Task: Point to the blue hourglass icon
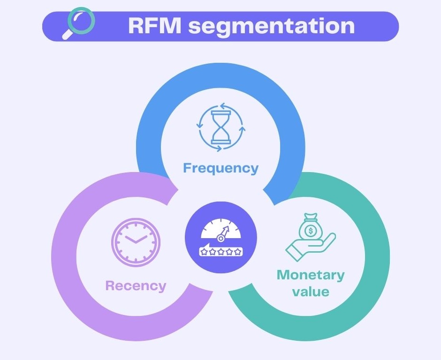click(x=220, y=127)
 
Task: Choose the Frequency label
click(x=220, y=168)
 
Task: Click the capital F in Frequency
click(x=188, y=167)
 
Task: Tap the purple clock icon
click(x=136, y=242)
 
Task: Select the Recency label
click(x=136, y=285)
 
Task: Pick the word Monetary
click(x=311, y=275)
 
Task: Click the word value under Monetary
click(x=311, y=292)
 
